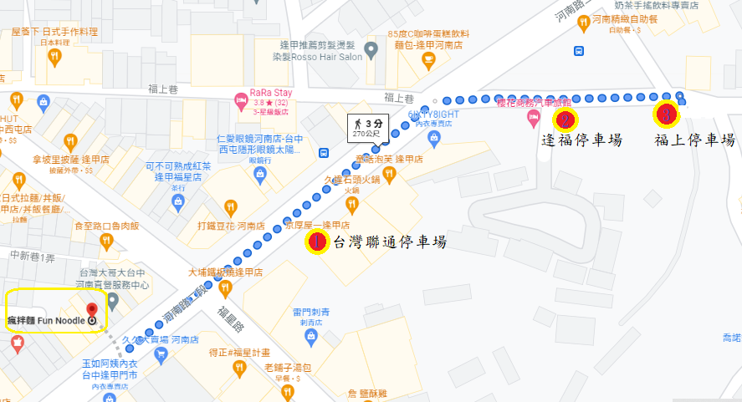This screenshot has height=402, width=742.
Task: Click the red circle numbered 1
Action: point(316,242)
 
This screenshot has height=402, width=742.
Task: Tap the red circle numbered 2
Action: point(565,120)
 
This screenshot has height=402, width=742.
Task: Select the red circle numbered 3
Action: point(666,113)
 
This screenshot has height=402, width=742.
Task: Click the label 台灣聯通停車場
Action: point(390,243)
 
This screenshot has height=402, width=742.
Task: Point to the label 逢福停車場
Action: point(582,140)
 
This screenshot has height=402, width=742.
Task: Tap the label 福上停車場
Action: point(694,140)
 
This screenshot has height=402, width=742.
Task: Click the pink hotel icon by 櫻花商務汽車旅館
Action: point(532,120)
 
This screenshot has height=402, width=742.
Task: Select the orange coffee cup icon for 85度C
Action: point(428,59)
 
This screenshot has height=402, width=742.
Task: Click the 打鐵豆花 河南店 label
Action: point(232,226)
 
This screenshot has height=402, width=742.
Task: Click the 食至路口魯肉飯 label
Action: point(106,226)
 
